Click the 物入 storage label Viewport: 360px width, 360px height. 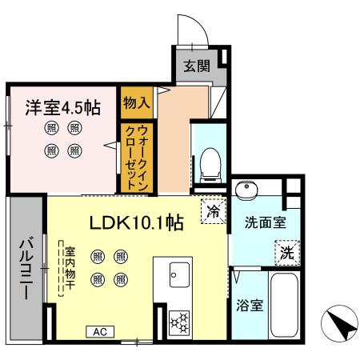tap(137, 102)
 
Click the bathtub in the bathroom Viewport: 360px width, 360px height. tap(286, 306)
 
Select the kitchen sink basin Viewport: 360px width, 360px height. tap(176, 278)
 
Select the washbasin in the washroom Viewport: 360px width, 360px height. tap(246, 190)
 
